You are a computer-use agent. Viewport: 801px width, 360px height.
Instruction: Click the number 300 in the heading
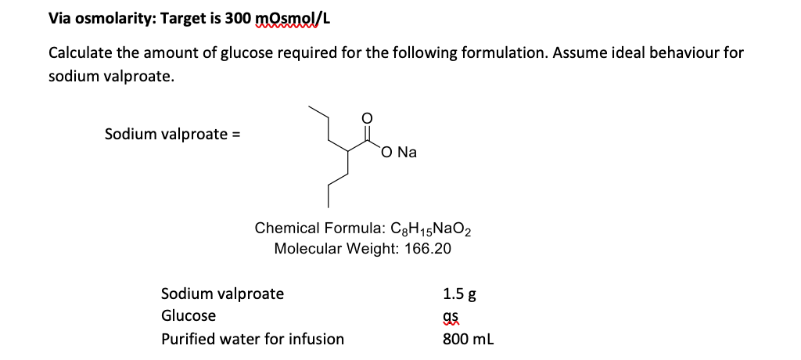[x=238, y=18]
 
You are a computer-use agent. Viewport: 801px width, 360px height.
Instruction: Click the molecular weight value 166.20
[x=427, y=249]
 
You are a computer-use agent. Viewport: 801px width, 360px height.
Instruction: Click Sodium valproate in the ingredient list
[x=222, y=294]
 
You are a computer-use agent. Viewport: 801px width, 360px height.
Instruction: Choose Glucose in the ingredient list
[x=189, y=316]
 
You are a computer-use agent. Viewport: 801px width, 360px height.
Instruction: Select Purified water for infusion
[x=252, y=339]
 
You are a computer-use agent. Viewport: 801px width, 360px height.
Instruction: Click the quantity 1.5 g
[x=459, y=295]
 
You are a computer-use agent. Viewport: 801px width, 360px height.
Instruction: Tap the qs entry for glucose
[x=450, y=317]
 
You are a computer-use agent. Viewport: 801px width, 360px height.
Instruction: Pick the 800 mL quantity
[x=468, y=339]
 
